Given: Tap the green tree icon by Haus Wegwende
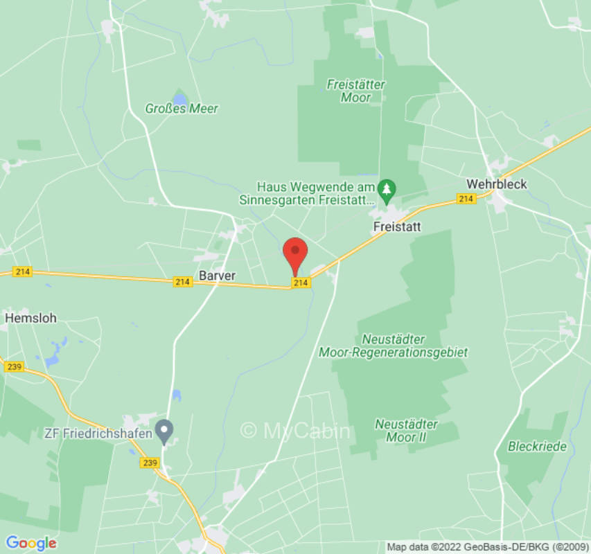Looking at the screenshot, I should coord(387,188).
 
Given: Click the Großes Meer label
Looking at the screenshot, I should coord(182,109).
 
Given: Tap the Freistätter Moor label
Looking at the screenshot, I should coord(356,91).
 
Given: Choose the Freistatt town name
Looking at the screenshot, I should coord(397,226).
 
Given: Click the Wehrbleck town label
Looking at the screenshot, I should coord(497,184).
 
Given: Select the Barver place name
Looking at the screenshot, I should coord(217,276).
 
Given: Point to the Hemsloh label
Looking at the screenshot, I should coord(31,319).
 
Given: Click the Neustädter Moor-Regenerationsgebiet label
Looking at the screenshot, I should coord(393,346).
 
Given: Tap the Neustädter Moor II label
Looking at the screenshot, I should coord(406,430).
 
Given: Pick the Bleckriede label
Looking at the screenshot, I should coord(537,447).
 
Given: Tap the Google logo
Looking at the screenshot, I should coord(31,543).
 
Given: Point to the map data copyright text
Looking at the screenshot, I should coord(487,547).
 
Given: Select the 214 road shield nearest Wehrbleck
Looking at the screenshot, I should coord(466,199).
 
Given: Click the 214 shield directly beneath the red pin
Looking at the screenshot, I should coord(300,283).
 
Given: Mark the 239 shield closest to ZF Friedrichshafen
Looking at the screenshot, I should coord(150,463).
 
